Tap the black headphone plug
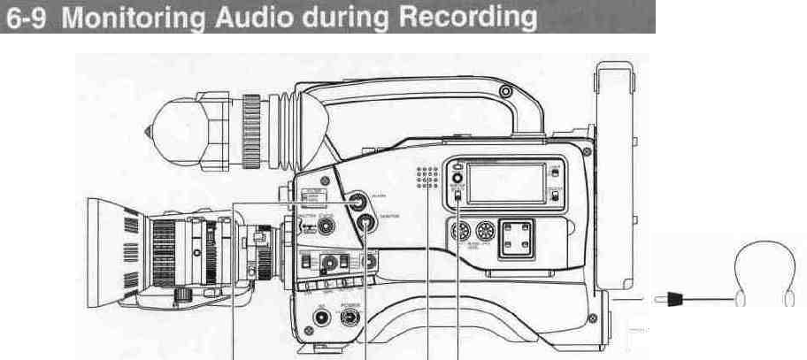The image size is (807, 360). (670, 301)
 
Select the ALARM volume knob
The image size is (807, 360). (358, 202)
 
